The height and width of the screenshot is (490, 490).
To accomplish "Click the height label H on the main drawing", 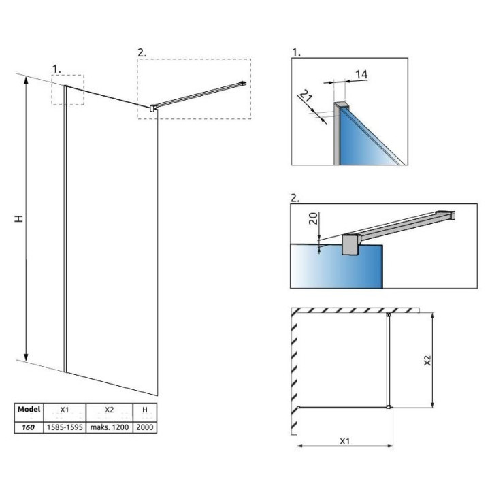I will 20,219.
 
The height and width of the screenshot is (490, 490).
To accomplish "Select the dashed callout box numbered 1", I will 67,89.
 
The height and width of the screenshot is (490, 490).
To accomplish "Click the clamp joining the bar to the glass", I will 154,108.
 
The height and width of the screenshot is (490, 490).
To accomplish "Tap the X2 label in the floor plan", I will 427,360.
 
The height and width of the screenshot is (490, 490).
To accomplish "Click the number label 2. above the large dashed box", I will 142,52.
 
